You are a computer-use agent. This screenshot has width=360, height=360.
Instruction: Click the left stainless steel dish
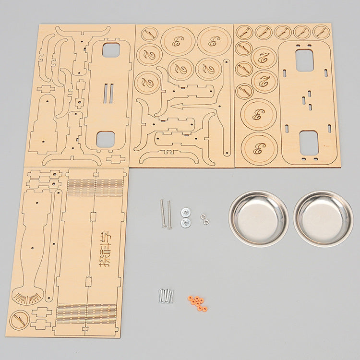click(x=258, y=218)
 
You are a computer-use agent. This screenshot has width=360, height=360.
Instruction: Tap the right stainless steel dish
click(x=323, y=218)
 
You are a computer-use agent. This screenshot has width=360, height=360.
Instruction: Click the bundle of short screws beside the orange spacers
click(x=165, y=295)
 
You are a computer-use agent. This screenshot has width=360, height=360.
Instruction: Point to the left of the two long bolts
click(x=163, y=214)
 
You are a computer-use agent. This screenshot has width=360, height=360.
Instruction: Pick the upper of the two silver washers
click(x=185, y=212)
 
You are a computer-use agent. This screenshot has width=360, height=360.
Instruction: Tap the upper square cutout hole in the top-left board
click(x=111, y=50)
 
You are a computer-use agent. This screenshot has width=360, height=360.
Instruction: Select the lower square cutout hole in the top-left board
click(x=105, y=139)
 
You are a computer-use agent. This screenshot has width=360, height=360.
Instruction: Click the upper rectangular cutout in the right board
click(x=304, y=60)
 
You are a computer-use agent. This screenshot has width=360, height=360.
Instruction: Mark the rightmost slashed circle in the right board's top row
click(x=321, y=32)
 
